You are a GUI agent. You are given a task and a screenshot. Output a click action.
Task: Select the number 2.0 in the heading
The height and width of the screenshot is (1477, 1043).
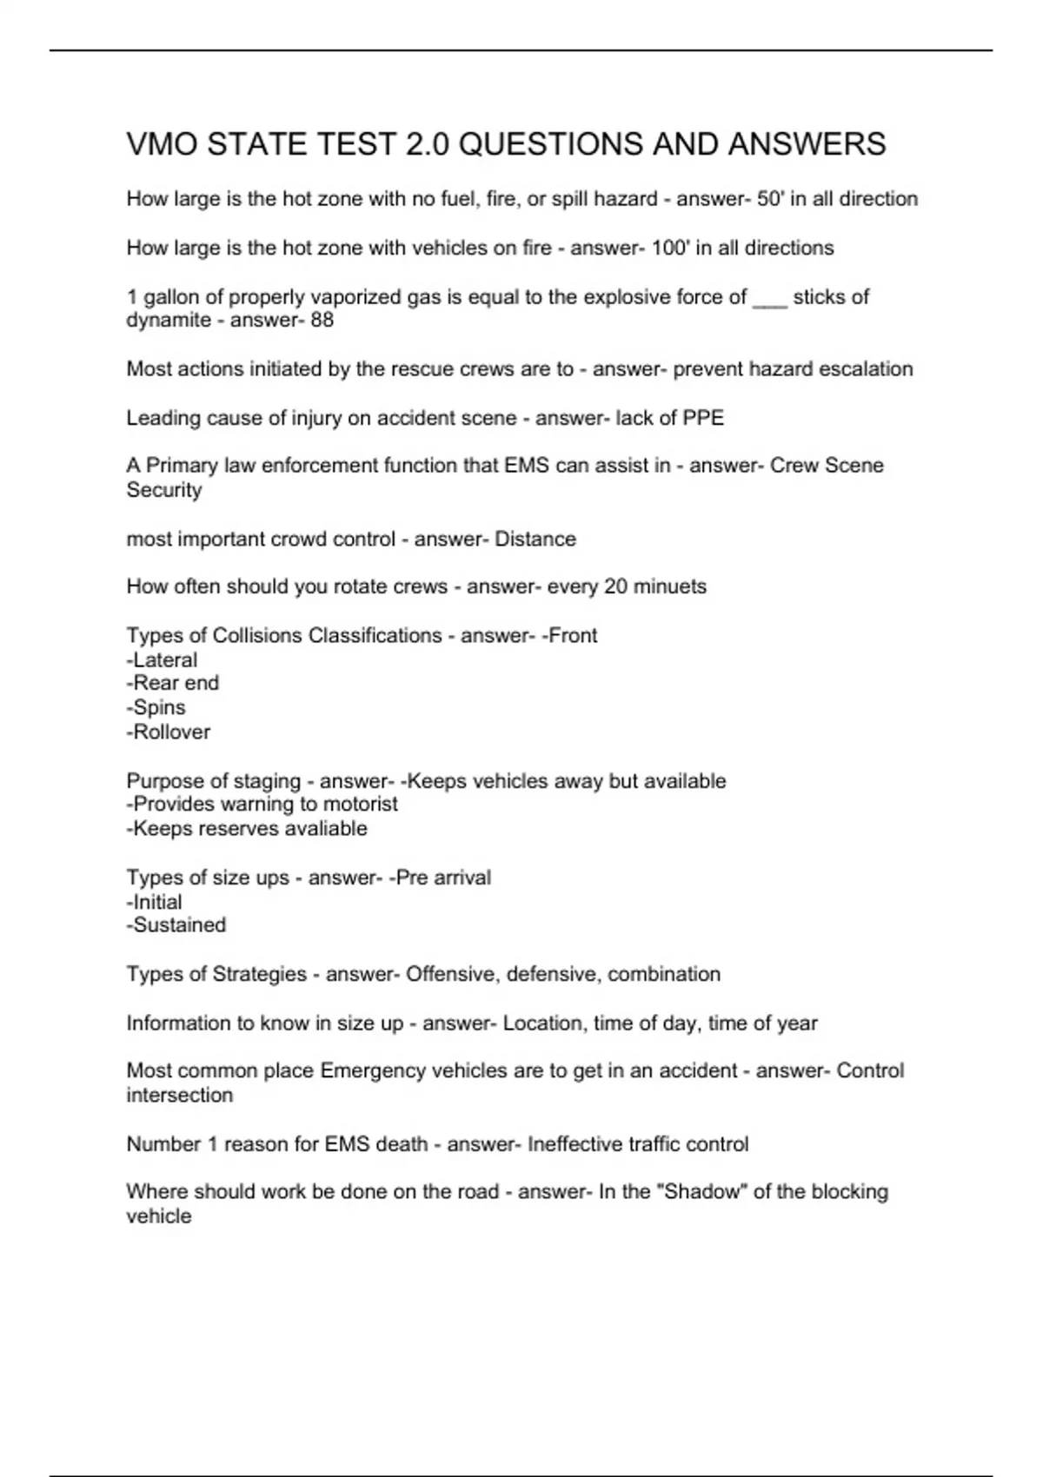[x=427, y=144]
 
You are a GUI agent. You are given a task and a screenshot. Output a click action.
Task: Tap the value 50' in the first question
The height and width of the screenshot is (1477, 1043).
[x=769, y=199]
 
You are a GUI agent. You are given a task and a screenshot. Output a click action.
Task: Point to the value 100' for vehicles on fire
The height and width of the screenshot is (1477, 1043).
[x=670, y=248]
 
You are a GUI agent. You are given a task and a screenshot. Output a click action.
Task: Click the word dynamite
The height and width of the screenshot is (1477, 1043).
[x=169, y=321]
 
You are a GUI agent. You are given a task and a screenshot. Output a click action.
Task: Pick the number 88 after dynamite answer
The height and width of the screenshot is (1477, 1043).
[x=322, y=321]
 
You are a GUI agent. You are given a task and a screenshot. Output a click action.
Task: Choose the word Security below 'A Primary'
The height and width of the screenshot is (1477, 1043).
[x=164, y=490]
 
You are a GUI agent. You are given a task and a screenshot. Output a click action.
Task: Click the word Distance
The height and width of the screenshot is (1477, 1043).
[x=535, y=540]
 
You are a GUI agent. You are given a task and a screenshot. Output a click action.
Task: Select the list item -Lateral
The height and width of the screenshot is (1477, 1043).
[x=162, y=660]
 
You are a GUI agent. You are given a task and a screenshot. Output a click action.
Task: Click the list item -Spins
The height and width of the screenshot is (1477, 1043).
[x=156, y=708]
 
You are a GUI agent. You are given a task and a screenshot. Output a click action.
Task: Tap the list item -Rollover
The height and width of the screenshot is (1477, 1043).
[x=169, y=732]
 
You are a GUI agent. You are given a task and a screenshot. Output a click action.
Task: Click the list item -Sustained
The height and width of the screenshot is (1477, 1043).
[x=176, y=925]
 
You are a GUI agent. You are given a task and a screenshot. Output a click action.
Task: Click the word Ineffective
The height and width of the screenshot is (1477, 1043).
[x=576, y=1144]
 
